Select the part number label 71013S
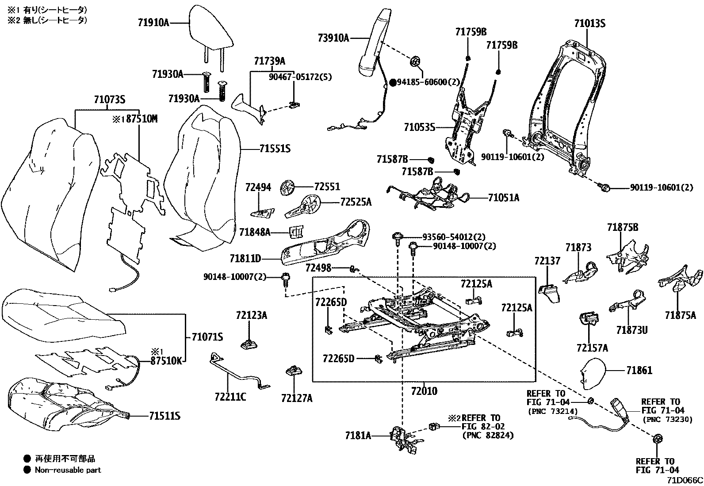pos(589,23)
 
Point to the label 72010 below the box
pos(424,391)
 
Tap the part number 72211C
pos(230,397)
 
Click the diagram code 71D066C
pos(685,480)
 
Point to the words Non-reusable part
pos(68,470)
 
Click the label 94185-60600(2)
pos(429,82)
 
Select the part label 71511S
pos(165,416)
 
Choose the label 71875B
pos(622,227)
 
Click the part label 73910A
pos(333,38)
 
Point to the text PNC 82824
pos(488,436)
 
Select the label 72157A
pos(592,348)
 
